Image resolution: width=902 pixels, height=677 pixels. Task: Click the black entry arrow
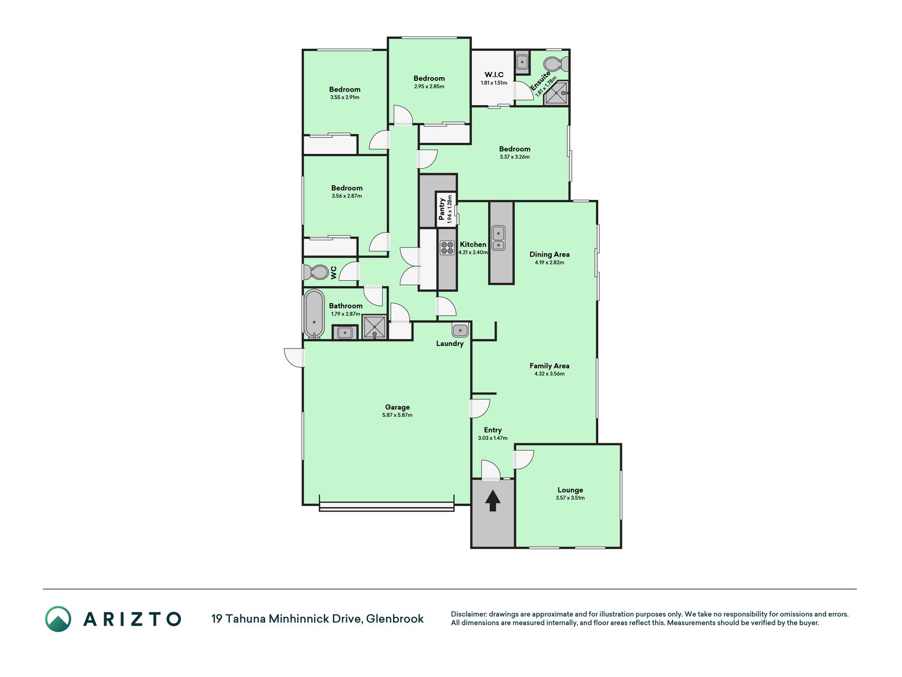(492, 500)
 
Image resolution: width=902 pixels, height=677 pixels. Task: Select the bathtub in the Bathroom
(314, 314)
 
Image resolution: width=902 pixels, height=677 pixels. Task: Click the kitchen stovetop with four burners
(447, 248)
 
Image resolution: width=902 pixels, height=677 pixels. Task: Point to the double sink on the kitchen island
(499, 238)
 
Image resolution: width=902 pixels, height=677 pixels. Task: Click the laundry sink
(460, 330)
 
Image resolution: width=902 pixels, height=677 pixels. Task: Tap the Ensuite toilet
(556, 64)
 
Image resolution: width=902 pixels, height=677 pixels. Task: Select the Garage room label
(397, 407)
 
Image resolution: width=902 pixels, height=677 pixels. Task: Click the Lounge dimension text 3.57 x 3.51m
(570, 498)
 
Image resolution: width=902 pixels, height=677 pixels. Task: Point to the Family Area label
(550, 365)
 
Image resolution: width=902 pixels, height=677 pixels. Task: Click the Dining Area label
(550, 254)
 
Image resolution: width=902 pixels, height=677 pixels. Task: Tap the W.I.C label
(494, 75)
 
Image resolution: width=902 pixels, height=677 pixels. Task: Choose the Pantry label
(442, 209)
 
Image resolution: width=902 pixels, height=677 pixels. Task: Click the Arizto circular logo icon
(58, 619)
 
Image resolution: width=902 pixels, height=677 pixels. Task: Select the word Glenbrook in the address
(395, 619)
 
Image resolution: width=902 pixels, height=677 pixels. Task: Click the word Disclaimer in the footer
(468, 614)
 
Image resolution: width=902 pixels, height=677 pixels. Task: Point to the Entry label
(492, 430)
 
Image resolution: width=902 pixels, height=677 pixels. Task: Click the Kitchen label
(473, 244)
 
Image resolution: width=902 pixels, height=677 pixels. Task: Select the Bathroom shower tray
(375, 327)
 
